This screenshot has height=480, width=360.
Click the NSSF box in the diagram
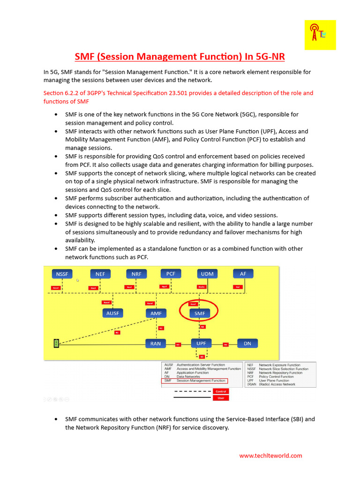click(x=62, y=274)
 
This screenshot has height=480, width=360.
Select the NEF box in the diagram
click(x=100, y=274)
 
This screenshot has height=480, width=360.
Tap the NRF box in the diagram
click(x=136, y=274)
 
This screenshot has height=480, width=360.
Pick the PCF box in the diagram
click(x=171, y=273)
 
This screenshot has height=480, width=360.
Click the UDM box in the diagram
click(x=207, y=274)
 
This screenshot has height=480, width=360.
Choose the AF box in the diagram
click(x=243, y=274)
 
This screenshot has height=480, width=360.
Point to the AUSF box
click(x=112, y=313)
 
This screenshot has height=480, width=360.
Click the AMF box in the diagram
click(x=156, y=313)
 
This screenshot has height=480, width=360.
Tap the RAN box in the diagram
click(x=156, y=344)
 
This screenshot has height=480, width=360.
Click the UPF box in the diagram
click(x=201, y=343)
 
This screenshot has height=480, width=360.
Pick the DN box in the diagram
click(x=247, y=344)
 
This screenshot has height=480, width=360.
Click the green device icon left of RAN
click(x=56, y=344)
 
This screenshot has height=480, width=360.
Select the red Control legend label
click(x=220, y=391)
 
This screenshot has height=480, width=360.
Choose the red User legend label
click(x=220, y=398)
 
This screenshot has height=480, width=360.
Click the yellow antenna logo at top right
click(x=320, y=35)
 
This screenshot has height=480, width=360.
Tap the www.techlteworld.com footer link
click(x=270, y=456)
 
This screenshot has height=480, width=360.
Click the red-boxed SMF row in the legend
click(x=194, y=381)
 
